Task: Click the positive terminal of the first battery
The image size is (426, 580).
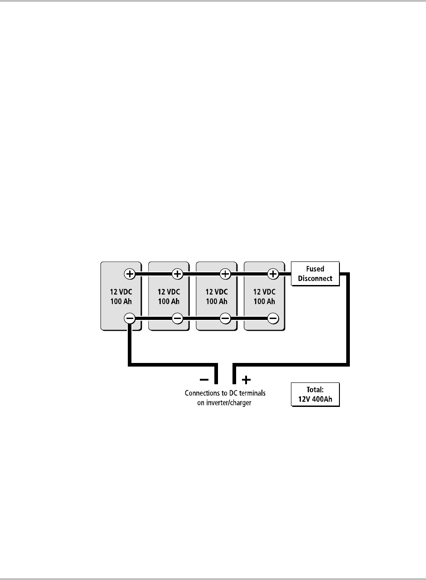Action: coord(130,274)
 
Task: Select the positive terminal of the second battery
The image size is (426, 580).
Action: coord(178,274)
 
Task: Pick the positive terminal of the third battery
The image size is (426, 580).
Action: coord(225,274)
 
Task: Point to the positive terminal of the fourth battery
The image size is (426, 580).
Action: coord(273,274)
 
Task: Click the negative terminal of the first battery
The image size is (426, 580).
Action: coord(130,319)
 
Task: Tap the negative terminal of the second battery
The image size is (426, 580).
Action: coord(178,319)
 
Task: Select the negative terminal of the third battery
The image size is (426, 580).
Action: coord(225,319)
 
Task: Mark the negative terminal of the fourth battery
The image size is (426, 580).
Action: coord(273,319)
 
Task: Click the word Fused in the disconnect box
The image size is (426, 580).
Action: coord(315,269)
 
